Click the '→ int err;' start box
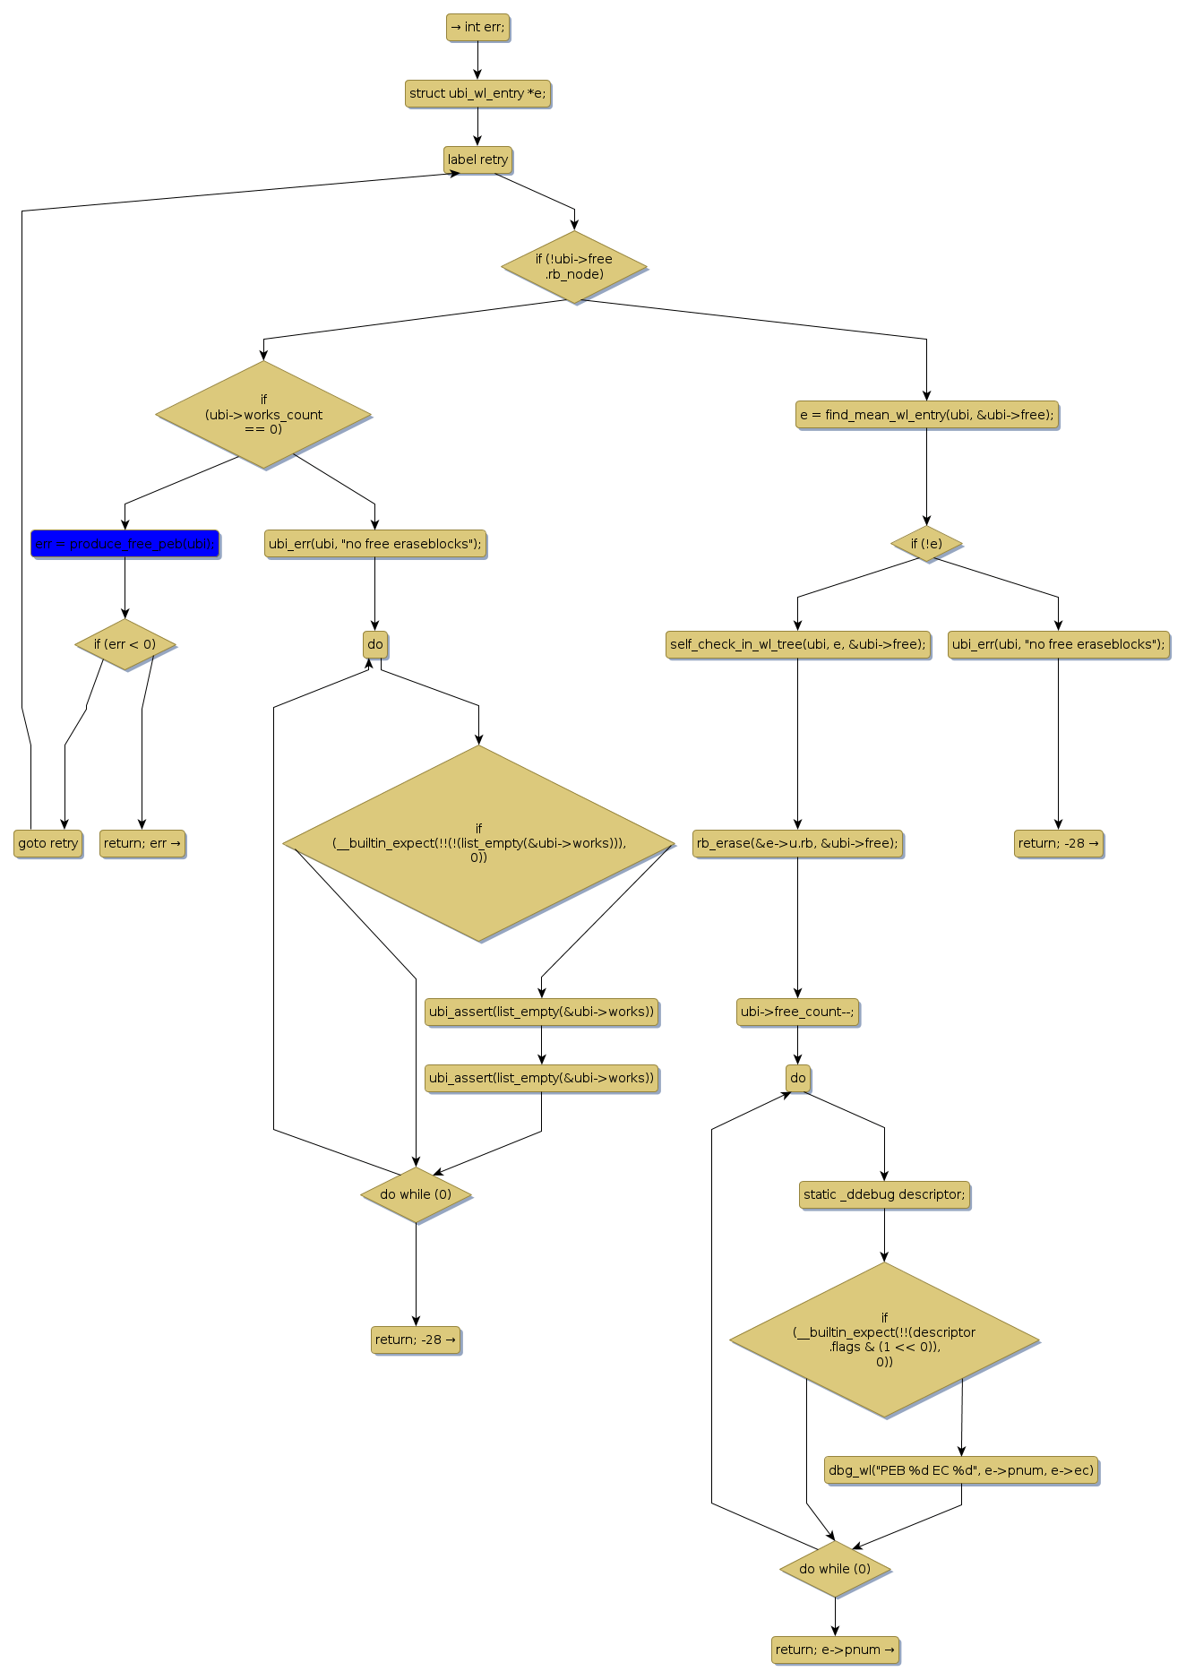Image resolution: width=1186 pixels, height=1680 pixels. pyautogui.click(x=477, y=28)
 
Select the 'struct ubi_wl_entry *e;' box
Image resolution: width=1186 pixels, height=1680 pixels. pyautogui.click(x=477, y=93)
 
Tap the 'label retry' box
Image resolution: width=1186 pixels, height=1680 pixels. pyautogui.click(x=477, y=159)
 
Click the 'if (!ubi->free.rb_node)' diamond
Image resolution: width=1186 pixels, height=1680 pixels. pyautogui.click(x=574, y=267)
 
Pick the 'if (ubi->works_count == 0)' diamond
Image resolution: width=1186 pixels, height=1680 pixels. pyautogui.click(x=263, y=414)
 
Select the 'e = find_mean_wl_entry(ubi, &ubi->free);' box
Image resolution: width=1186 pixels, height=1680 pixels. pyautogui.click(x=926, y=415)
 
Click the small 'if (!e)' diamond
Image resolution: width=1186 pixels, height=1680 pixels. pyautogui.click(x=926, y=544)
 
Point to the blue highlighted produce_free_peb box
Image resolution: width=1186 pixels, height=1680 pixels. pyautogui.click(x=125, y=544)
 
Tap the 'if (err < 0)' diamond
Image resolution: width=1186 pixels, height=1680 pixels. pyautogui.click(x=125, y=644)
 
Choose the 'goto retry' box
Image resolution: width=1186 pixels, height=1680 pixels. pyautogui.click(x=48, y=843)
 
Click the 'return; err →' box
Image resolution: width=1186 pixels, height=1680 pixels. pyautogui.click(x=142, y=843)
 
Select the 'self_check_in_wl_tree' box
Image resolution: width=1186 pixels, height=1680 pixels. pyautogui.click(x=797, y=644)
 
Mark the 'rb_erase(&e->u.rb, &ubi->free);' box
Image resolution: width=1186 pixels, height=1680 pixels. pyautogui.click(x=797, y=843)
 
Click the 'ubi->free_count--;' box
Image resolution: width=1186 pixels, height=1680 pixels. pyautogui.click(x=797, y=1012)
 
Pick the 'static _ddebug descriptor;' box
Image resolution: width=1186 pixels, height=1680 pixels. pyautogui.click(x=884, y=1194)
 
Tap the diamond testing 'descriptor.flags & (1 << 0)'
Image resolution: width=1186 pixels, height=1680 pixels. pyautogui.click(x=884, y=1340)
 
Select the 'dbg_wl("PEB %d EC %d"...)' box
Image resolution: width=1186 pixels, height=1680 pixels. pyautogui.click(x=961, y=1470)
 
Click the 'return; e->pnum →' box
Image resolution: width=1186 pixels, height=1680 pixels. pyautogui.click(x=835, y=1650)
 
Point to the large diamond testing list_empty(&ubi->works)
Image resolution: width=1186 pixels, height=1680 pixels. pyautogui.click(x=478, y=843)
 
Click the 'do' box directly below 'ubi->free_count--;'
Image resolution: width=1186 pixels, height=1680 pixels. pyautogui.click(x=797, y=1078)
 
